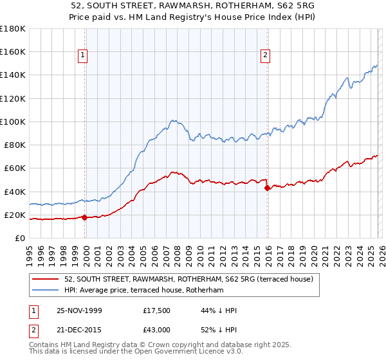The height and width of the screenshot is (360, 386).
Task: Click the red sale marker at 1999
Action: (x=85, y=217)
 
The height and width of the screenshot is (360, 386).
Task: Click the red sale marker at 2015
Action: (x=268, y=188)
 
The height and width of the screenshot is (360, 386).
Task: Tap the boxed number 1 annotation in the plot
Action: (x=84, y=56)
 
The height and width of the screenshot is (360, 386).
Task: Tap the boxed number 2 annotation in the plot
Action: (x=265, y=56)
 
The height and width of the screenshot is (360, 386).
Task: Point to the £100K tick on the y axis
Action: (x=13, y=122)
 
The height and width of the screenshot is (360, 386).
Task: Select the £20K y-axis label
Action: (x=15, y=215)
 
